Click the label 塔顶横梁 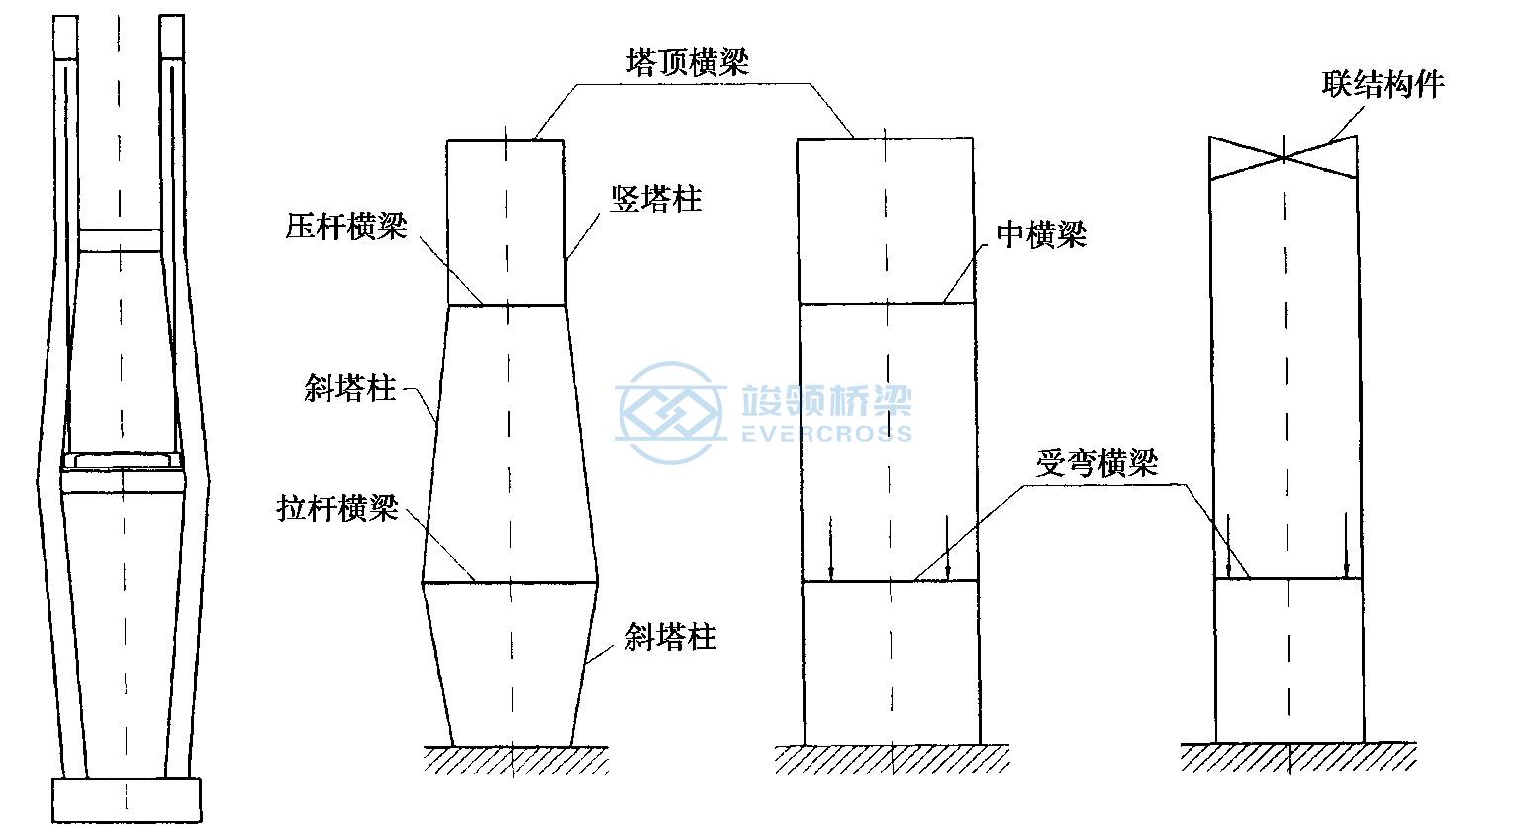click(688, 62)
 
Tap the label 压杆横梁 click(346, 227)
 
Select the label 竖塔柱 click(655, 199)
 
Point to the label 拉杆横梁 click(337, 508)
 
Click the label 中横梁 click(1041, 234)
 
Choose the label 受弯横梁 click(1097, 463)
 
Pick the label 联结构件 click(1383, 84)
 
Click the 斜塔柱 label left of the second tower click(349, 388)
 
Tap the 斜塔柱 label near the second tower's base click(670, 637)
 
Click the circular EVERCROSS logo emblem click(670, 413)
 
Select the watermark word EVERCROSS click(826, 433)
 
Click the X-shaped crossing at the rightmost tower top click(1284, 158)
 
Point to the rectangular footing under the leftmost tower click(127, 799)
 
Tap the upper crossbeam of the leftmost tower click(121, 241)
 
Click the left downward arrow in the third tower click(831, 549)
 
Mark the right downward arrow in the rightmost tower click(1346, 545)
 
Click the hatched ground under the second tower click(515, 760)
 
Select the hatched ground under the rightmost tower click(1298, 757)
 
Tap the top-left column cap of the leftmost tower click(65, 38)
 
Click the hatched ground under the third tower click(892, 759)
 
